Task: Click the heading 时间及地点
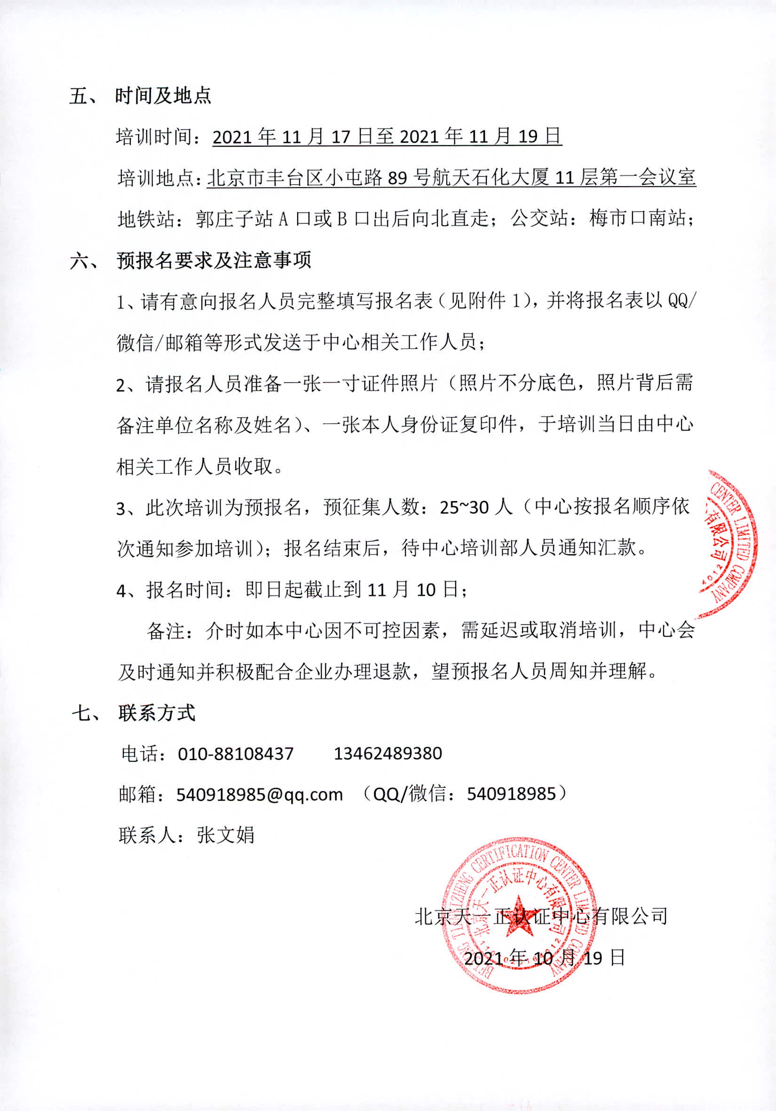[x=163, y=96]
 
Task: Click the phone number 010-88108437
[x=236, y=753]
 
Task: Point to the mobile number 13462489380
[x=388, y=753]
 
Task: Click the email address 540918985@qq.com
[x=259, y=795]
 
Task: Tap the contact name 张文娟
[x=225, y=835]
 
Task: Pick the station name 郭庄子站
[x=234, y=219]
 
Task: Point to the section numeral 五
[x=79, y=96]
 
